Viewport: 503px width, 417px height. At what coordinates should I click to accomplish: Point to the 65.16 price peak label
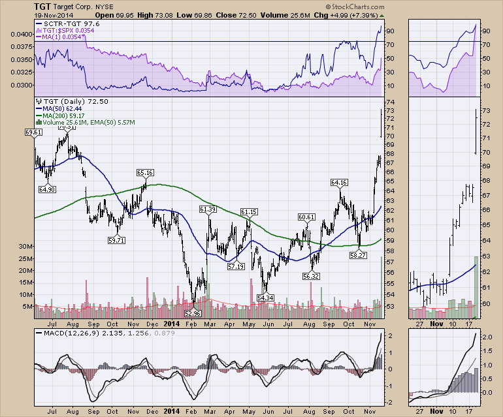[x=145, y=172]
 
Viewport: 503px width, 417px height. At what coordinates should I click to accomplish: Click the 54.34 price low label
[x=265, y=298]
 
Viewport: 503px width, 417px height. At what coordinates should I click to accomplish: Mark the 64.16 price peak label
[x=338, y=182]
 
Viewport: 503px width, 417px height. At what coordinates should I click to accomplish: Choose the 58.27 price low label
[x=358, y=256]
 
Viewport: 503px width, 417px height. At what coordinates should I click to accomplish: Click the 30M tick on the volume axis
[x=25, y=246]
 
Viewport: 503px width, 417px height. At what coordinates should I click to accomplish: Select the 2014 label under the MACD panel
[x=170, y=412]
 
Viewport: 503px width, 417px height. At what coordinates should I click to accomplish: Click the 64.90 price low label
[x=47, y=189]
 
